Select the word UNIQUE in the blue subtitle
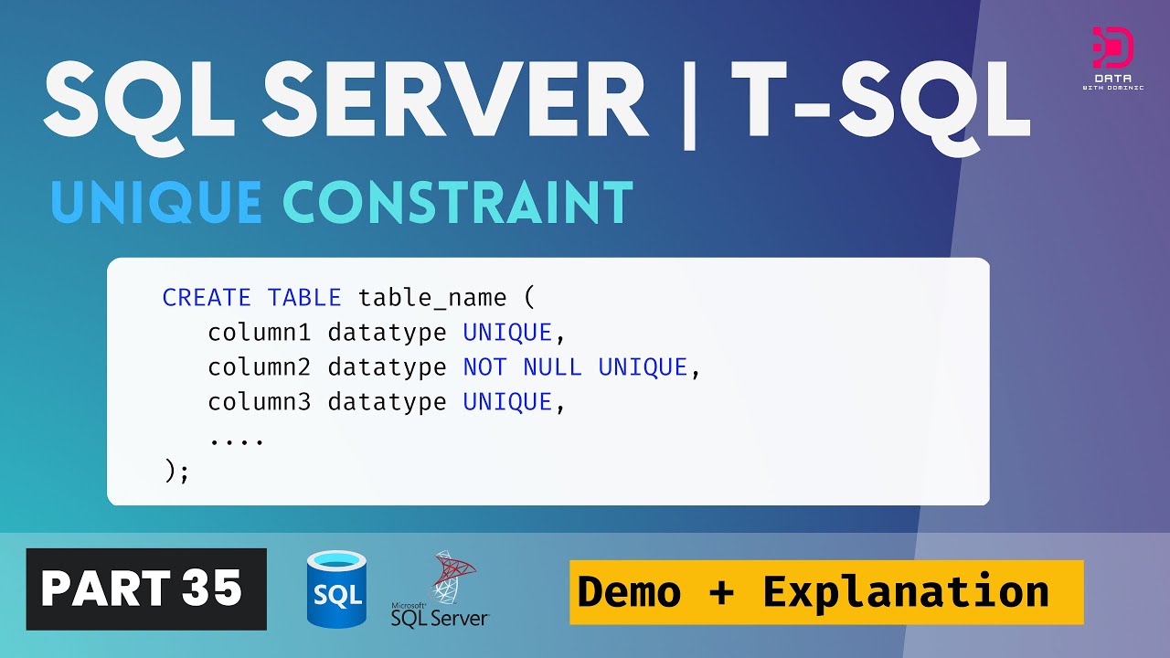click(x=156, y=202)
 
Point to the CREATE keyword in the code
click(x=206, y=297)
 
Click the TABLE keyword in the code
click(x=304, y=297)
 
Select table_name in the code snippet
click(x=432, y=297)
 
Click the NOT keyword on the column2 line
click(x=484, y=367)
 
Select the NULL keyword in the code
click(x=552, y=367)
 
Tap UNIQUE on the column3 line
click(x=508, y=402)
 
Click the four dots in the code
click(x=237, y=439)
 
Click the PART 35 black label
click(x=146, y=589)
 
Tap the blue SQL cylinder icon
click(x=336, y=589)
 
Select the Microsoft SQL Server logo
click(x=441, y=591)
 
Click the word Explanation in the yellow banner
click(x=905, y=592)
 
